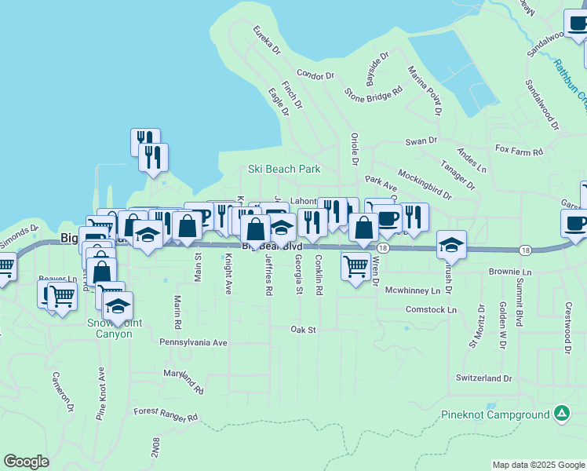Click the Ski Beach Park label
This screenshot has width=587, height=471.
tap(284, 169)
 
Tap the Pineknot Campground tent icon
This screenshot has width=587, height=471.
tap(561, 413)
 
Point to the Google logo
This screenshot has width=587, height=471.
tap(26, 461)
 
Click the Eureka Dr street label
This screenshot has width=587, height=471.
tap(267, 41)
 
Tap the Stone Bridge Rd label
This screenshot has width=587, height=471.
tap(374, 90)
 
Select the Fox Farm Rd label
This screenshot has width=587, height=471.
tap(520, 148)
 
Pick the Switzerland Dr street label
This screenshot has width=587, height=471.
tap(483, 378)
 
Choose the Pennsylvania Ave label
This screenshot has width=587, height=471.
tap(193, 342)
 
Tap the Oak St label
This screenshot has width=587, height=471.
tap(302, 330)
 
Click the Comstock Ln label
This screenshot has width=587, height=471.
tap(431, 310)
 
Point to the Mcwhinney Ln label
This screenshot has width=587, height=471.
tap(413, 290)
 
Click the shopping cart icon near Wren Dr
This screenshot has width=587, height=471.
tap(356, 266)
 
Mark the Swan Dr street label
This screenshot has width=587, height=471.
tap(421, 141)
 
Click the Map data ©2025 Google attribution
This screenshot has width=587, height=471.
tap(538, 465)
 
